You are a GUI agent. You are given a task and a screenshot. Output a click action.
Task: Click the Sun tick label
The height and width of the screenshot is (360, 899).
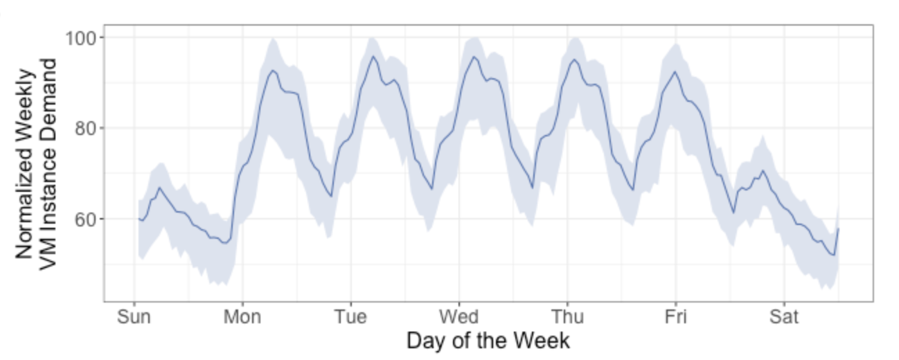tap(134, 317)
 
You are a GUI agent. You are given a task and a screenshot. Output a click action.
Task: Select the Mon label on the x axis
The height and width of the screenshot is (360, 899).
tap(242, 317)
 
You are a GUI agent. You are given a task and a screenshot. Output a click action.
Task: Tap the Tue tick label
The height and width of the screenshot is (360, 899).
tap(350, 317)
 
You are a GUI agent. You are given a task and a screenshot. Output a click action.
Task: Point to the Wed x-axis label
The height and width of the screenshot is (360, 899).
tap(459, 317)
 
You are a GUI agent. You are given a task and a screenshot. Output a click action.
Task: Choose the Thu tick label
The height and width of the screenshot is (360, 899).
tap(567, 317)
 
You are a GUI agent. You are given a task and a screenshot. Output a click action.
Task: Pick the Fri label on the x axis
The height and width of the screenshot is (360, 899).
tap(675, 317)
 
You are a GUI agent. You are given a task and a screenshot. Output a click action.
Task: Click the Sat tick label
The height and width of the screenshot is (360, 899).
tap(784, 317)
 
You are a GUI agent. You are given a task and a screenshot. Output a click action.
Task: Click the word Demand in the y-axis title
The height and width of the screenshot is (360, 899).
tap(48, 97)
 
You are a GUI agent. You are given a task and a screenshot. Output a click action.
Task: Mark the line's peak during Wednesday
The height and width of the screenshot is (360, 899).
tap(474, 57)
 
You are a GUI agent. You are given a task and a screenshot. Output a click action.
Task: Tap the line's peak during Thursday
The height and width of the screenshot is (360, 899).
tap(574, 60)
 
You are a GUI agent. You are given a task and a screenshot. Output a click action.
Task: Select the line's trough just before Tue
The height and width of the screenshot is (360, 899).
tap(331, 197)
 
